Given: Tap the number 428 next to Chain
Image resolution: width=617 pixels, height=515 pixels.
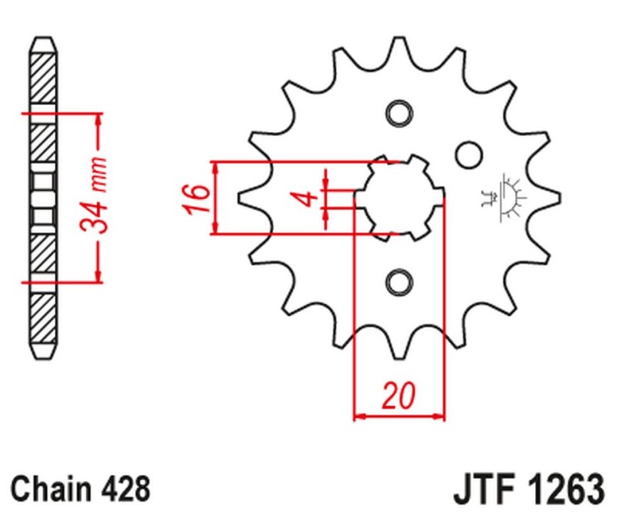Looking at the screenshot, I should tap(124, 488).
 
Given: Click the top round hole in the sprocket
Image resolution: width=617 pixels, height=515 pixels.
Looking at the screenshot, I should tap(399, 113).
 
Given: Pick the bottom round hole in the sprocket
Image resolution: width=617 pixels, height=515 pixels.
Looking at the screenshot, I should tap(399, 282).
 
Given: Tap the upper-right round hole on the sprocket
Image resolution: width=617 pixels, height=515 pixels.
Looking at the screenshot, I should tap(467, 154).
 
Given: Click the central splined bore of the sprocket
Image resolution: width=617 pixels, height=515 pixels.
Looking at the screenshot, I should tap(399, 197).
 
